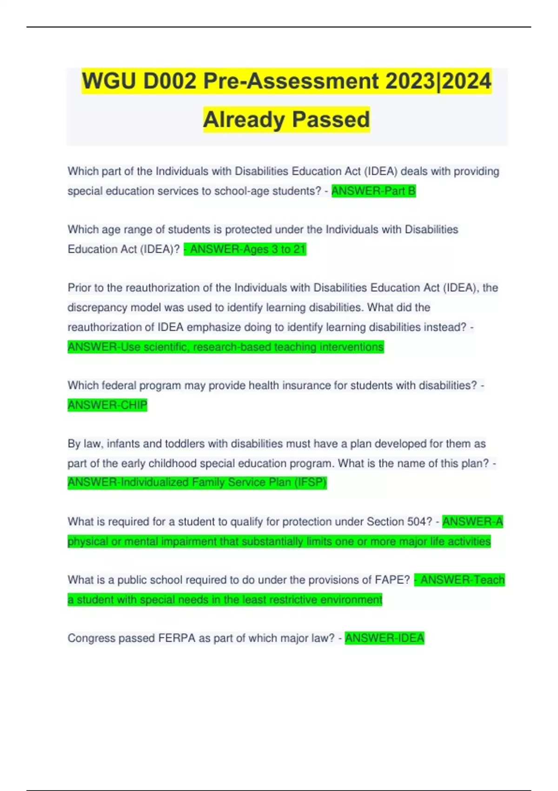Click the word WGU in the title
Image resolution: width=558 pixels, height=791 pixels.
(x=109, y=81)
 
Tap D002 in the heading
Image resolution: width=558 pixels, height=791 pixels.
(x=170, y=81)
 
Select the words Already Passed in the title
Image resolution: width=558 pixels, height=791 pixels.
(x=286, y=120)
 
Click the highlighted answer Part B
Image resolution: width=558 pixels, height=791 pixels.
(x=373, y=191)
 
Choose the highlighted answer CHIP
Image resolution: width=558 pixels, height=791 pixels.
(x=107, y=405)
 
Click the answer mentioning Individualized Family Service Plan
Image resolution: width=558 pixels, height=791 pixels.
(x=197, y=483)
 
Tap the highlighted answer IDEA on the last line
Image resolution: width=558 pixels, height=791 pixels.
(x=385, y=638)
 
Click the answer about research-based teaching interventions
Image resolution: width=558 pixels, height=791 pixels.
(x=226, y=347)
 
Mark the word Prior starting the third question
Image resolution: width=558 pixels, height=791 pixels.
(x=79, y=288)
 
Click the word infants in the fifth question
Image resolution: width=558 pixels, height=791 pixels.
(x=123, y=444)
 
